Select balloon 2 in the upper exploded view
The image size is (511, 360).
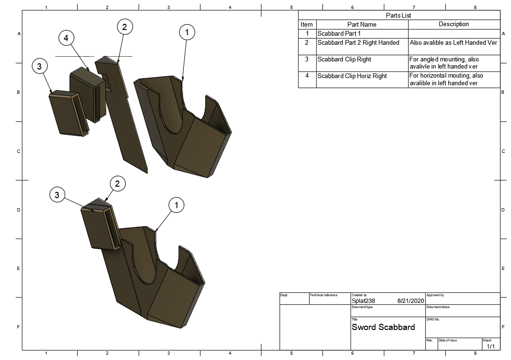(x=124, y=27)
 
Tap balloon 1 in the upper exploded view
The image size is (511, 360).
(x=187, y=32)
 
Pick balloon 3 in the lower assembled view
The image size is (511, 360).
(x=57, y=194)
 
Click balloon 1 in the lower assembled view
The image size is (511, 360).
(x=177, y=205)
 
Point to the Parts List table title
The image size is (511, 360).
(x=399, y=15)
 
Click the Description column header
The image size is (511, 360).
(x=453, y=24)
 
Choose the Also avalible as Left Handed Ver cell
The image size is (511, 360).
(x=453, y=43)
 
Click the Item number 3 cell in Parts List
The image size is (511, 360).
(x=307, y=60)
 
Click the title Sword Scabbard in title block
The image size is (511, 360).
(x=383, y=327)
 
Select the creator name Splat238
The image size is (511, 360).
(x=363, y=301)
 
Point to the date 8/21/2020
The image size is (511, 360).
(x=410, y=301)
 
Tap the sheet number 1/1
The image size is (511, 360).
(x=491, y=346)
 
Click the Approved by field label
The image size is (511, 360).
(x=435, y=295)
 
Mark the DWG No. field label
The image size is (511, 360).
(x=433, y=320)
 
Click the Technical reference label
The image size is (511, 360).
(x=323, y=295)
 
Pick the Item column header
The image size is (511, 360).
(x=307, y=24)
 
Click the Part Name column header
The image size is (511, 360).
(x=362, y=24)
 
